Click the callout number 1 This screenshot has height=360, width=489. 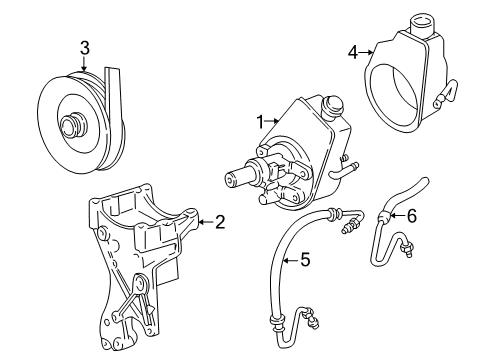point(259,122)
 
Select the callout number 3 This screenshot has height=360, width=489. point(85,46)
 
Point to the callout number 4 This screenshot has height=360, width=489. point(352,51)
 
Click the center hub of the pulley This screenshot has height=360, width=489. point(72,125)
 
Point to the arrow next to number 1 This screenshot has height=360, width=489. point(273,122)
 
